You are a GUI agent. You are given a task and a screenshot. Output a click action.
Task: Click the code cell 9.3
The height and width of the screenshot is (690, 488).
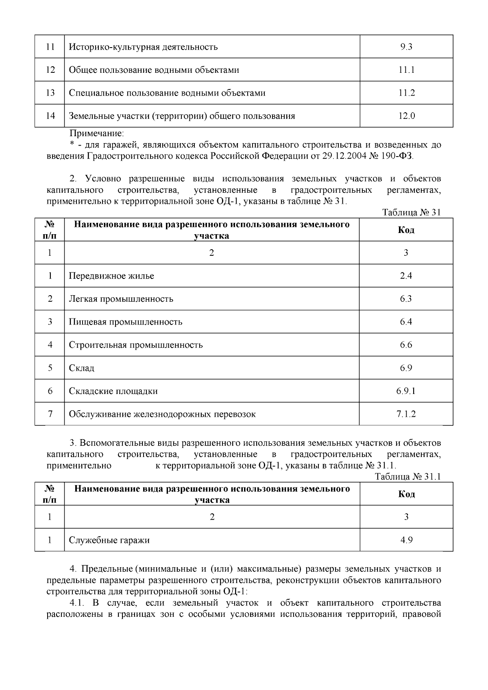406,47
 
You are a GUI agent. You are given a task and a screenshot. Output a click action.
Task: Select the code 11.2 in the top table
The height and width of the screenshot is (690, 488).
406,93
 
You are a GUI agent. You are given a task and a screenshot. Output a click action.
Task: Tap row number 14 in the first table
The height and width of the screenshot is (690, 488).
50,116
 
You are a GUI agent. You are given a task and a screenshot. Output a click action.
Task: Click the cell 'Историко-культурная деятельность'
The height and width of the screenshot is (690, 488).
143,47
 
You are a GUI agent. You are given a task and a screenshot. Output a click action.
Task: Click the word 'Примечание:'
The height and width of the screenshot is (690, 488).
96,133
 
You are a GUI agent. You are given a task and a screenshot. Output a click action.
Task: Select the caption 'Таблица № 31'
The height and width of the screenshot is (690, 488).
412,212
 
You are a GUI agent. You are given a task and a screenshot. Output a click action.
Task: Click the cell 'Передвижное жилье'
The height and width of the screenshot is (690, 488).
111,276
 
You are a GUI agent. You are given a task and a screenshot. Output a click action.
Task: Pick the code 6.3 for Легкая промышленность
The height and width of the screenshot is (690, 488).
405,299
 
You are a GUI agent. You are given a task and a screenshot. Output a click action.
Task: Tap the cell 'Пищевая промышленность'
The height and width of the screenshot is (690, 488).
125,322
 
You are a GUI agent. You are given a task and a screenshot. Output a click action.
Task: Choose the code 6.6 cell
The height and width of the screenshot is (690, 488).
405,345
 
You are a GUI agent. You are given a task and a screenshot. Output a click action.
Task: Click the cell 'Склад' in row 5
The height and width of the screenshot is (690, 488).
81,368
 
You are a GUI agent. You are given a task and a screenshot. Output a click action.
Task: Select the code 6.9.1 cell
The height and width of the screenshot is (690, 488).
405,391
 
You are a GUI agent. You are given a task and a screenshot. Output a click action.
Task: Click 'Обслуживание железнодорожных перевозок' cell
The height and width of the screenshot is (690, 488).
162,414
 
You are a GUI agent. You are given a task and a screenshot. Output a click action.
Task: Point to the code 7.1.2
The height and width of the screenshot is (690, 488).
405,414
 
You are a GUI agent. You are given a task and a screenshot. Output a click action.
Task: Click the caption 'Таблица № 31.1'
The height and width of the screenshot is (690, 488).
408,477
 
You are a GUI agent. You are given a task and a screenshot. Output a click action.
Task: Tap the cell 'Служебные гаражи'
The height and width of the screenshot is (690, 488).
109,540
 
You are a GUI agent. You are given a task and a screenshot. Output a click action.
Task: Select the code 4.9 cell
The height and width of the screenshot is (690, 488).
406,540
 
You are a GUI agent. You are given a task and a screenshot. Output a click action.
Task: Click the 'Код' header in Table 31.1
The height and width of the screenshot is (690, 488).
406,494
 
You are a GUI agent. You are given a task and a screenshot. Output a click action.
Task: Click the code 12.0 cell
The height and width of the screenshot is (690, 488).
406,116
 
